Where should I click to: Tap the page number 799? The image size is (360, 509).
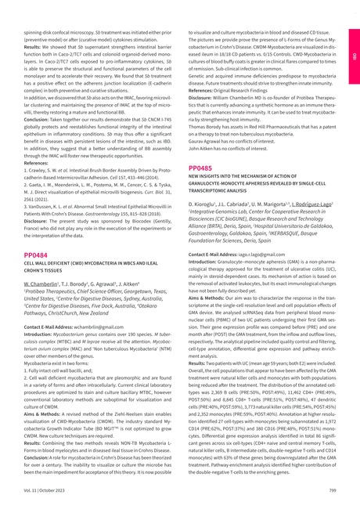(x=333, y=489)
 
